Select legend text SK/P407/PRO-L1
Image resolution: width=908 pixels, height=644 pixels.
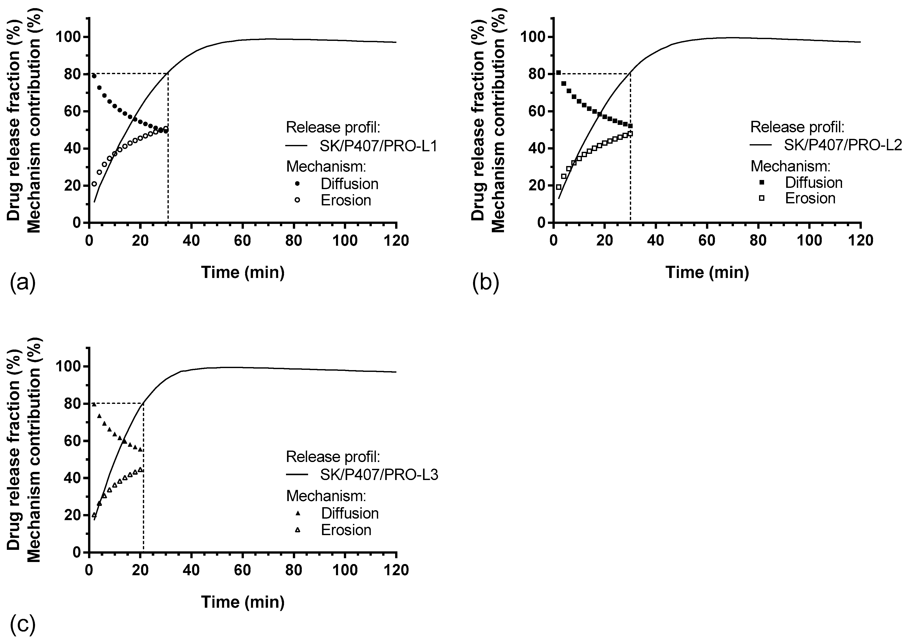point(378,146)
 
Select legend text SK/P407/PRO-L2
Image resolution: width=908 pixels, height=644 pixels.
point(843,145)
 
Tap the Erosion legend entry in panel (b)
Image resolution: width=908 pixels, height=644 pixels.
point(810,198)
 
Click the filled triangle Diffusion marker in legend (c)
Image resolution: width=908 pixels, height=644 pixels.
point(298,513)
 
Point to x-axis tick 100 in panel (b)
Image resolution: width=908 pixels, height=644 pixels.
point(809,241)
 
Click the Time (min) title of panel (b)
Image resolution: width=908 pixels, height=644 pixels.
point(707,272)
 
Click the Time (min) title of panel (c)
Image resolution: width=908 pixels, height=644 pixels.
point(243,602)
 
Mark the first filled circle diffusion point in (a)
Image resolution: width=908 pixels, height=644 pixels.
point(94,76)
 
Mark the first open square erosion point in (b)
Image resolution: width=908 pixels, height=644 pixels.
point(559,187)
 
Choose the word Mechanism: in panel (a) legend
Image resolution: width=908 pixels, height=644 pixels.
point(326,167)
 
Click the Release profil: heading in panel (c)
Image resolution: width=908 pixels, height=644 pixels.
point(333,457)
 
